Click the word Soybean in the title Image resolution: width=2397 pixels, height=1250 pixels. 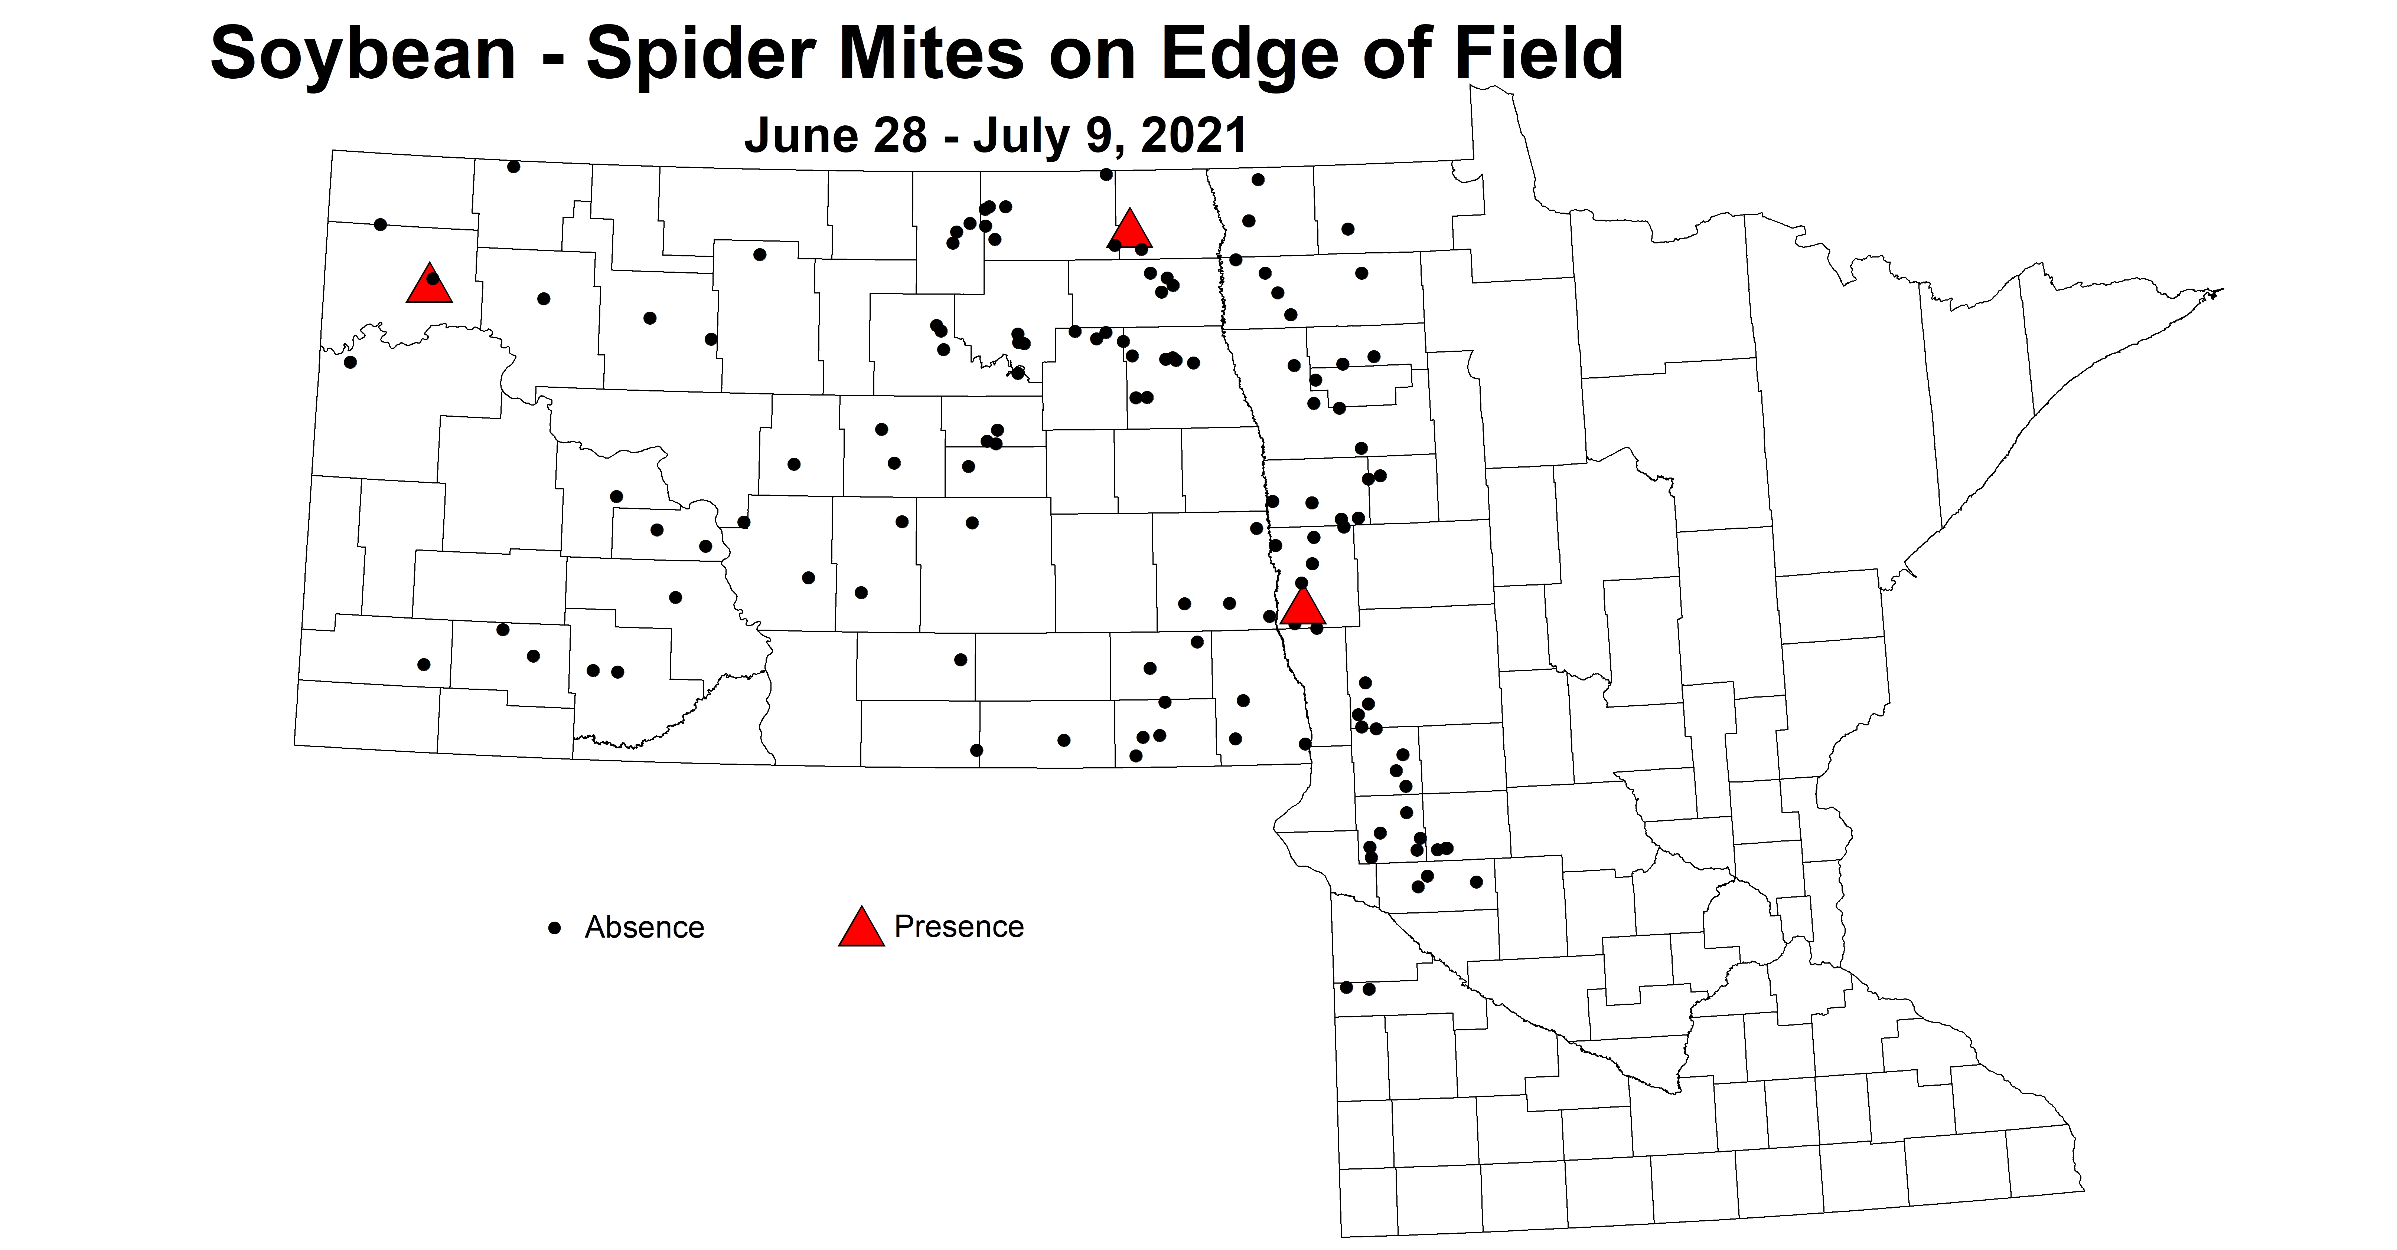pos(363,54)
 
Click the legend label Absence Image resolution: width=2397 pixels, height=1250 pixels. pos(644,927)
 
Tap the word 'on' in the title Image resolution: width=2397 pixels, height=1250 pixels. pos(1092,54)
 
